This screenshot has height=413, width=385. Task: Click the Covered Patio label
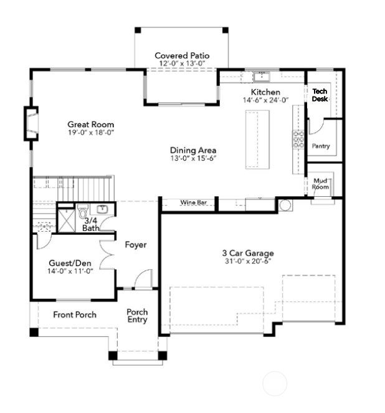(182, 55)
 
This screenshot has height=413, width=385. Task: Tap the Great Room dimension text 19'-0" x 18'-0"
(91, 132)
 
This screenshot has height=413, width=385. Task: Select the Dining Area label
(193, 150)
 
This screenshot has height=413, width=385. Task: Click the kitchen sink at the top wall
(262, 77)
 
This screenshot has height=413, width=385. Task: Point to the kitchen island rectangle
(257, 140)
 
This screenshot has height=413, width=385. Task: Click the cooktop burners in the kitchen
(298, 140)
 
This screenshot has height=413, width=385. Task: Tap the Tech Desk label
(320, 95)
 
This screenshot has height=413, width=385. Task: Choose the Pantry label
(321, 146)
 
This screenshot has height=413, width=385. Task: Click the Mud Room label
(320, 184)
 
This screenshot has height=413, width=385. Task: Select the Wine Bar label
(194, 202)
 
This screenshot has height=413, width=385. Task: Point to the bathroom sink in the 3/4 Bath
(102, 209)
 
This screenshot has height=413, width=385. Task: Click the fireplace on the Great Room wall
(31, 123)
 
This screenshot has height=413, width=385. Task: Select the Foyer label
(136, 245)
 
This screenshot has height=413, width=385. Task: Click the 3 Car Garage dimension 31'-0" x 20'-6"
(248, 261)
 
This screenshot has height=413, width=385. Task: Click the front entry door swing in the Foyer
(143, 278)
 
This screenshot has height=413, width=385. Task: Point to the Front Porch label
(75, 315)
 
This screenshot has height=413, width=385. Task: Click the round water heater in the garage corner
(285, 205)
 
